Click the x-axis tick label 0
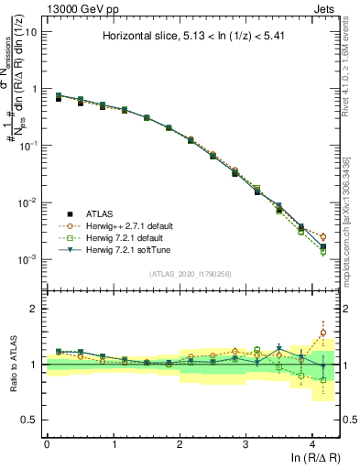tap(47, 443)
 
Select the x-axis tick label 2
tap(180, 443)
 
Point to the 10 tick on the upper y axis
tap(29, 32)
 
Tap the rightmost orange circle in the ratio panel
tap(322, 333)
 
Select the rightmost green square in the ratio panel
tap(322, 379)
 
